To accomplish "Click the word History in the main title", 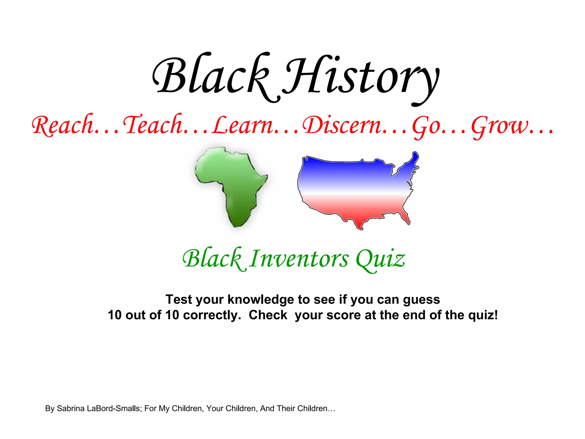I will [x=361, y=77].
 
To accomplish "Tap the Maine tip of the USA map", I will [x=415, y=157].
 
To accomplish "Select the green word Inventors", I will [x=298, y=259].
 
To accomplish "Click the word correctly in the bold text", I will [x=212, y=315].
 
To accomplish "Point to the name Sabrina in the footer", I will [x=71, y=408].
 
